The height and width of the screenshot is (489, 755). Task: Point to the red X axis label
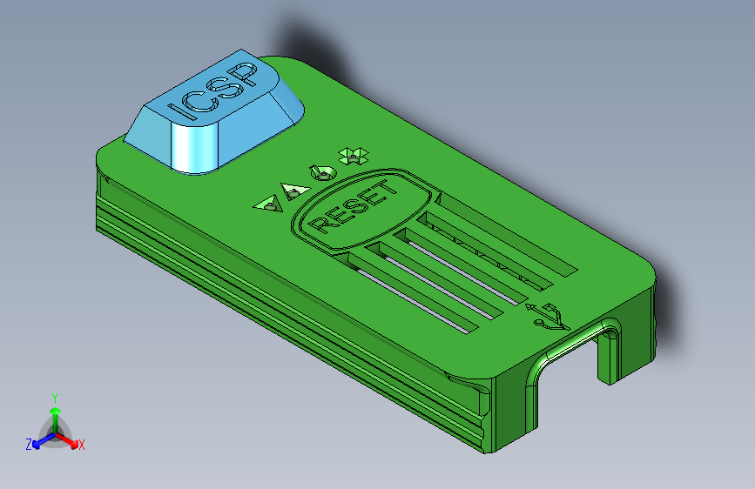pos(81,445)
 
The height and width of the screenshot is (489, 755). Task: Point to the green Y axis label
pos(55,396)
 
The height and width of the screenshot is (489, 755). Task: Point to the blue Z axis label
pos(29,445)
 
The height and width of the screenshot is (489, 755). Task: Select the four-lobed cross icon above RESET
pos(353,156)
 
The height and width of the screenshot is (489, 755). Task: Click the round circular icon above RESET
pos(322,171)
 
